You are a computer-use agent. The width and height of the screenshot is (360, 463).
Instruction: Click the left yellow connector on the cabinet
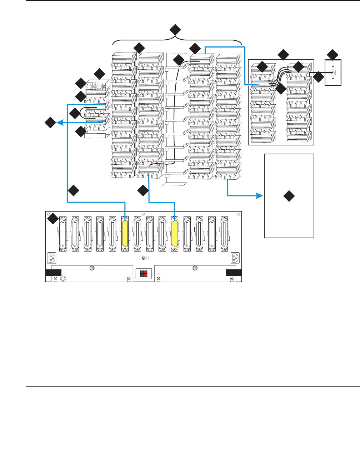(x=125, y=233)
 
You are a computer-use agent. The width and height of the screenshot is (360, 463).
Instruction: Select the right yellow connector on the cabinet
(x=175, y=233)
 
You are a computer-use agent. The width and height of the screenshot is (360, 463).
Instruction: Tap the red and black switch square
(x=144, y=274)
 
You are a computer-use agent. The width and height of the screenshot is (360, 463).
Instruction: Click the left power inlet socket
(x=51, y=258)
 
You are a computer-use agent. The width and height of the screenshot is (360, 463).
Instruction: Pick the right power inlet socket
(x=236, y=258)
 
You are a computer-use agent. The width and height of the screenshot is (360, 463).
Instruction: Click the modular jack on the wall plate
(x=333, y=72)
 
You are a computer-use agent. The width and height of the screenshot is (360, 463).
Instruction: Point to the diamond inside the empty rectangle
(x=289, y=196)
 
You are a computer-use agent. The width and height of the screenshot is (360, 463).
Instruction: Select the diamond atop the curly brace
(x=175, y=30)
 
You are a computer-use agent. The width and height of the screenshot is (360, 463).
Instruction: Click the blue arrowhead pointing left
(x=60, y=123)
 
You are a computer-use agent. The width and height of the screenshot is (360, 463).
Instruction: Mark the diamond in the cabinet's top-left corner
(x=53, y=219)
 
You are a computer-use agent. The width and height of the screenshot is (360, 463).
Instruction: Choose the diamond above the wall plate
(x=332, y=55)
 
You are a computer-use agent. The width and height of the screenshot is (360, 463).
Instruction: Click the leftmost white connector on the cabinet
(x=63, y=233)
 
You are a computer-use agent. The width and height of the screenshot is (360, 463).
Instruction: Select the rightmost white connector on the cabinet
(x=224, y=233)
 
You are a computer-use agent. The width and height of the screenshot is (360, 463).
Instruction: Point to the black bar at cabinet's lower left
(x=54, y=273)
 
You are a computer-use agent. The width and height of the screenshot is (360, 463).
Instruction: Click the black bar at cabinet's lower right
(x=234, y=273)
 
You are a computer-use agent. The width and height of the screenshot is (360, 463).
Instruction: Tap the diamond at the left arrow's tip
(x=50, y=123)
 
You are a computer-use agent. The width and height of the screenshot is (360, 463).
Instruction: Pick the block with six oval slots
(x=96, y=86)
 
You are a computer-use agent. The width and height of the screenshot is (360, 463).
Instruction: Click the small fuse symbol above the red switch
(x=143, y=258)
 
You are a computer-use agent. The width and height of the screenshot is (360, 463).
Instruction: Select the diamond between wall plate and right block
(x=318, y=76)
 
